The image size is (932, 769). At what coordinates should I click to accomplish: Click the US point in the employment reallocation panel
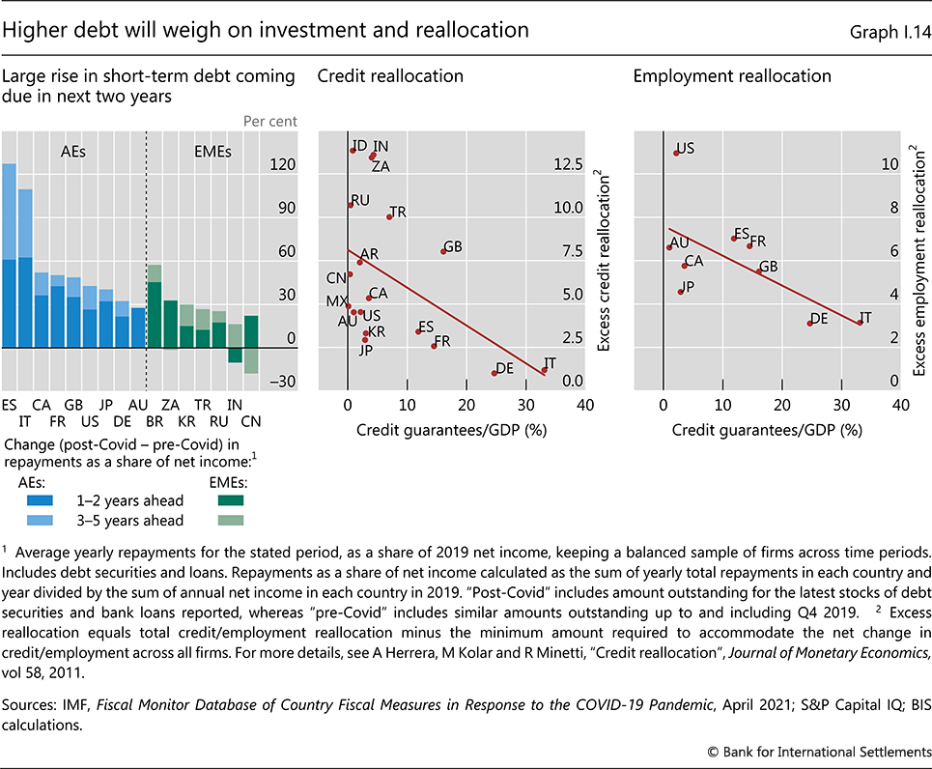coord(675,153)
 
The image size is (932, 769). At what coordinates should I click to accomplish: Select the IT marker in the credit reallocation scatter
coord(544,369)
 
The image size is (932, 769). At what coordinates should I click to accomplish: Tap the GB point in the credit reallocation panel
coord(443,251)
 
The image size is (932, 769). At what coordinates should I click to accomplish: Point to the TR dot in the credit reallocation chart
coord(389,216)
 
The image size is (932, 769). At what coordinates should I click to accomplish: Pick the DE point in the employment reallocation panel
coord(809,323)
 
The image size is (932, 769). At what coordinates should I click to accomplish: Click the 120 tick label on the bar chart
coord(283,165)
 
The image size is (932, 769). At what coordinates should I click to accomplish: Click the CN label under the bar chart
coord(250,422)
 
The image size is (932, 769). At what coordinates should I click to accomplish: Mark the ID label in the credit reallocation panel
coord(358,143)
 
